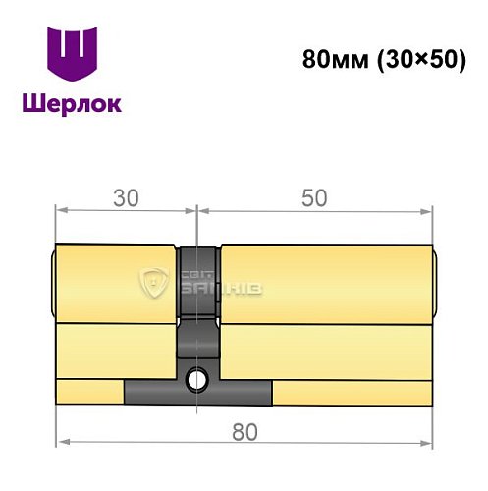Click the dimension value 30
click(125, 197)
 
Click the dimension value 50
click(314, 197)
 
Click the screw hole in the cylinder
click(198, 376)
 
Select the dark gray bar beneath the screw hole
click(198, 393)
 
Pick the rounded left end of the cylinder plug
click(52, 284)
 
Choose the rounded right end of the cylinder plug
click(433, 284)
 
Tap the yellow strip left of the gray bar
click(90, 393)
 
